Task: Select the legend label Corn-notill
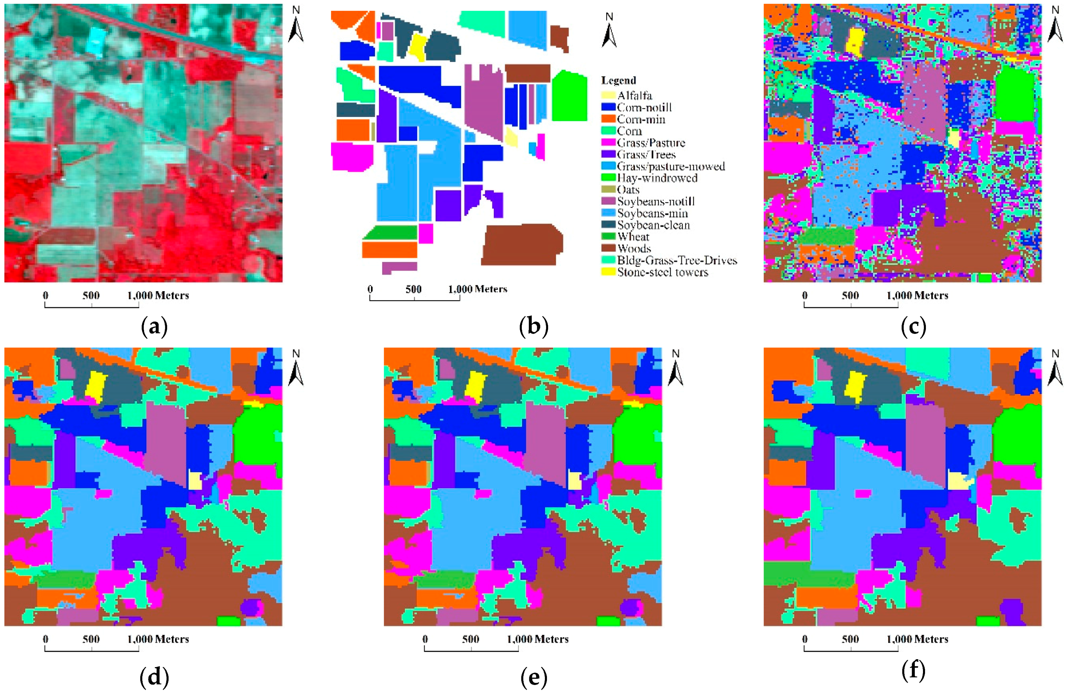(644, 107)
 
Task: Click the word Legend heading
(618, 80)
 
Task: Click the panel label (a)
(154, 327)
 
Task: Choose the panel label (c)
(913, 327)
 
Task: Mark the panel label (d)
(154, 678)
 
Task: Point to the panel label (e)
(534, 678)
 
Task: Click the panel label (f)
(913, 672)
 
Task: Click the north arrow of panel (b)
(609, 31)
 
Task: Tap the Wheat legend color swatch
(608, 237)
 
